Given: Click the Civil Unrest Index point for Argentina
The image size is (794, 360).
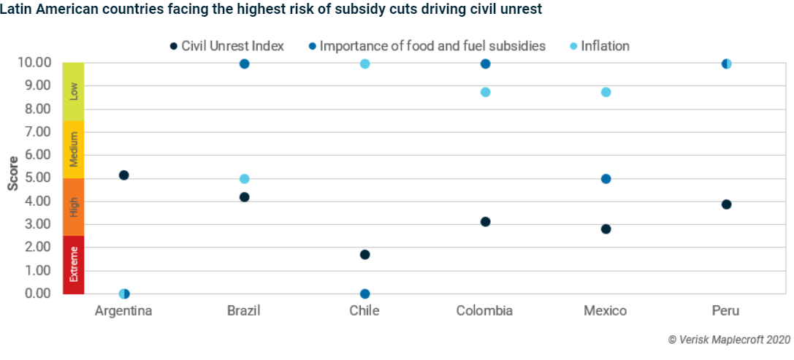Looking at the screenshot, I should pyautogui.click(x=123, y=175).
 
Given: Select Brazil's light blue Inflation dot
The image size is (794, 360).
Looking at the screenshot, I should pyautogui.click(x=244, y=179).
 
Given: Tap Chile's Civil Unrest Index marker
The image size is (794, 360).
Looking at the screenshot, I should pyautogui.click(x=364, y=255).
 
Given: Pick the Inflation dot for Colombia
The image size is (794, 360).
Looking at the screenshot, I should pyautogui.click(x=485, y=92).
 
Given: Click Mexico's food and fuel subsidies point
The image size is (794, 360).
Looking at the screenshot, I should pyautogui.click(x=606, y=179).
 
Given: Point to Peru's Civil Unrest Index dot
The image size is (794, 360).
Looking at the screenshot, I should pyautogui.click(x=726, y=204).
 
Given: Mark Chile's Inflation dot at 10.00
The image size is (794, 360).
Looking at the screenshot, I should pyautogui.click(x=364, y=64).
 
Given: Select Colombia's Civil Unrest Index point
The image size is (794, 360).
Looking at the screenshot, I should pyautogui.click(x=485, y=222).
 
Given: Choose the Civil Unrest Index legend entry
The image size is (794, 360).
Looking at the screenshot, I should pyautogui.click(x=226, y=46).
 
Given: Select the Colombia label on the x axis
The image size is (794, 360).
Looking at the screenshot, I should pyautogui.click(x=484, y=311).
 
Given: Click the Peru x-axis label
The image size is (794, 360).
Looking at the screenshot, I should pyautogui.click(x=725, y=311).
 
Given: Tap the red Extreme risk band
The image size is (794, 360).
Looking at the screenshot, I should pyautogui.click(x=73, y=264).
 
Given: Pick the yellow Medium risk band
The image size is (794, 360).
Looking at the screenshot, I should pyautogui.click(x=73, y=150).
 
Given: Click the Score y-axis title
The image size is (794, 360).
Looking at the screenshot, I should pyautogui.click(x=13, y=172).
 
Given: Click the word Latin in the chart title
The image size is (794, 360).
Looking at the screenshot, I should pyautogui.click(x=15, y=10).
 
